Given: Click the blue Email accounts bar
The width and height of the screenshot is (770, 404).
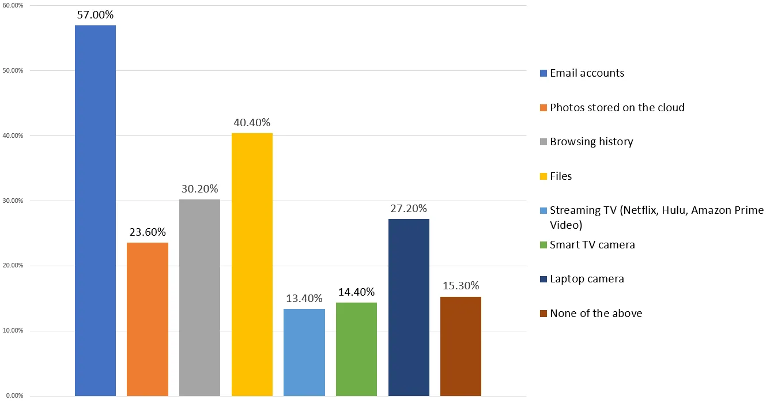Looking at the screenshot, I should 95,210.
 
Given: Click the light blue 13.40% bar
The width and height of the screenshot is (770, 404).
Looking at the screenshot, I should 304,352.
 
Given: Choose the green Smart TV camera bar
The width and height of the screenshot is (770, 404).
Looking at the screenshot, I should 356,349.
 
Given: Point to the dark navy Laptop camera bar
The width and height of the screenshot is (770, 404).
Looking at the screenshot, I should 409,307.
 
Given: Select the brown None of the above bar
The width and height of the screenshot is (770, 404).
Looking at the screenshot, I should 461,346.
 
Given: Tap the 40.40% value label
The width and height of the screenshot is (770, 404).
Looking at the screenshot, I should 252,123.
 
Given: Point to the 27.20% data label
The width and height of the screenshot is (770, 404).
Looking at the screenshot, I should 409,209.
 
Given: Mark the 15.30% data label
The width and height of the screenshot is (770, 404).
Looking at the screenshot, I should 461,286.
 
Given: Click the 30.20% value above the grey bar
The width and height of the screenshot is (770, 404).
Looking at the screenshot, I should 200,189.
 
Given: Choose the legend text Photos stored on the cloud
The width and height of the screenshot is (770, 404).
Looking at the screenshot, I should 617,108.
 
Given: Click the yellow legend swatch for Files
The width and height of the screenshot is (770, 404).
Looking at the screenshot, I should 543,176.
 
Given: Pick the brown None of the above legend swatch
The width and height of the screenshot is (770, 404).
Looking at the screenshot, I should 543,314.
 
